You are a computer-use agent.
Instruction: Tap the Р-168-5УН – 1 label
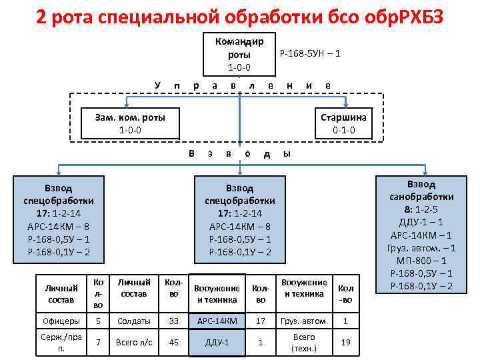(x=310, y=53)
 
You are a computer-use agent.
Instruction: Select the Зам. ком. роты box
(x=130, y=123)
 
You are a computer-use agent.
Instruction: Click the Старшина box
(x=343, y=123)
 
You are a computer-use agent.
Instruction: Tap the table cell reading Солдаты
(x=135, y=321)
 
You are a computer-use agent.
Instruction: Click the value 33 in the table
(x=174, y=321)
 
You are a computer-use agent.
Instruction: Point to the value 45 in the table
(x=174, y=343)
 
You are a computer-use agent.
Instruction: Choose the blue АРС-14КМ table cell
(x=217, y=321)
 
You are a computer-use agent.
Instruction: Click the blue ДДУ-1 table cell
(x=217, y=343)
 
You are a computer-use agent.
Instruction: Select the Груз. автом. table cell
(x=305, y=321)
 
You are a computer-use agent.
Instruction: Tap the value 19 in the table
(x=345, y=343)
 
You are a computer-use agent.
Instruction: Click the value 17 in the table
(x=261, y=321)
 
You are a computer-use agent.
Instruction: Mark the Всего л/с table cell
(x=135, y=343)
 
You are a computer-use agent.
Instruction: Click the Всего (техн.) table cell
(x=305, y=343)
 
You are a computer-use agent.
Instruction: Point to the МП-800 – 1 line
(x=421, y=261)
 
